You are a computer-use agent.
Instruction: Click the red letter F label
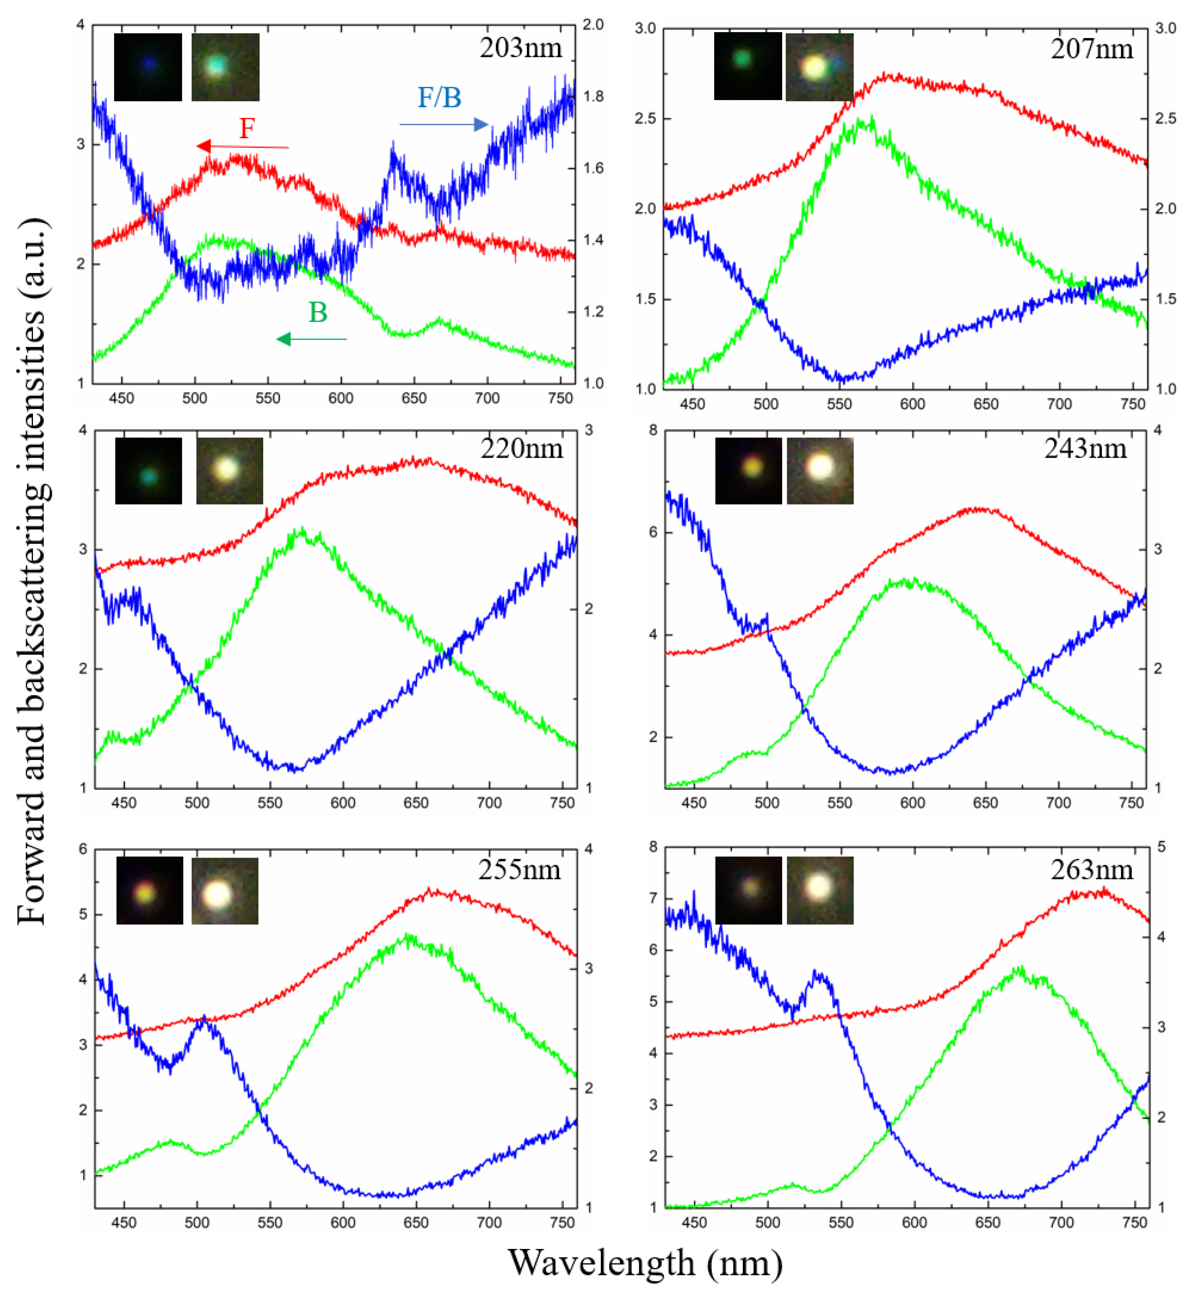point(247,129)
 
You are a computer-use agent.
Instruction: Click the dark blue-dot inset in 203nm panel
point(148,67)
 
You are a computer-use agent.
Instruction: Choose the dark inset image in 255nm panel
point(149,891)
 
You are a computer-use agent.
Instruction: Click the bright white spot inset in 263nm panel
point(819,891)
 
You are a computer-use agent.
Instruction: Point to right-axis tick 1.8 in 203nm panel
point(593,96)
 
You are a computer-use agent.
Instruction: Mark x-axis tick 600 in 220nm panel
point(343,803)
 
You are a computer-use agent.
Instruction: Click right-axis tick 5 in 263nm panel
point(1161,847)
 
